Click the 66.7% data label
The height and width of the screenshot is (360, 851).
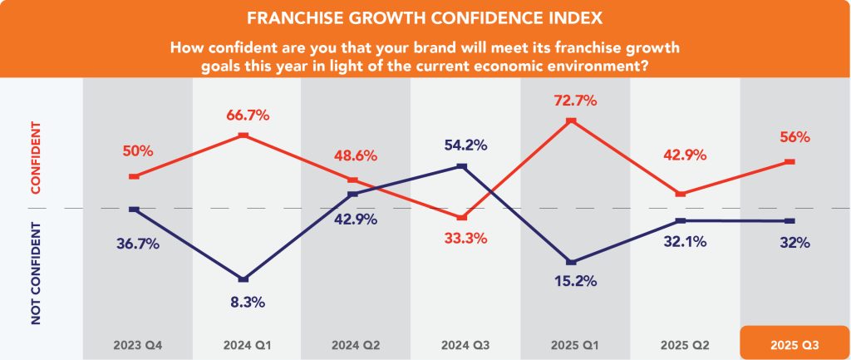tap(243, 116)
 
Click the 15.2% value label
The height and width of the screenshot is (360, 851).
tap(572, 281)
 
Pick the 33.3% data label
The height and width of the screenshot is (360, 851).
tap(463, 238)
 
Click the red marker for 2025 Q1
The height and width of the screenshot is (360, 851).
tap(572, 121)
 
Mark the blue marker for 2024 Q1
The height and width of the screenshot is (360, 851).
tap(243, 279)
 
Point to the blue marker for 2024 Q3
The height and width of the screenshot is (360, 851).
tap(463, 166)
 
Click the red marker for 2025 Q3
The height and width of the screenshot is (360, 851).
tap(790, 161)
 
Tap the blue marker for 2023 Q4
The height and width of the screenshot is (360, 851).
tap(133, 210)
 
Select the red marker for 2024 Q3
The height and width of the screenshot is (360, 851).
tap(463, 217)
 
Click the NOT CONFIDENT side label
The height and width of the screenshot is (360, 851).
tap(37, 273)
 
